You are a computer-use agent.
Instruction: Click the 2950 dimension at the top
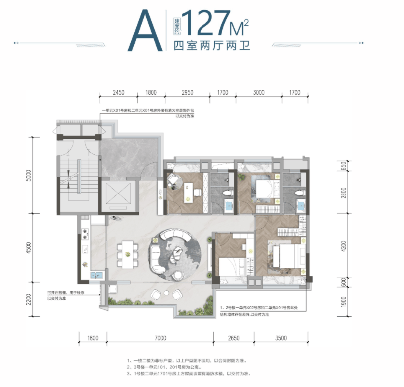(x=188, y=93)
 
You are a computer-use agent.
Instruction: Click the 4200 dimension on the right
(x=343, y=246)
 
